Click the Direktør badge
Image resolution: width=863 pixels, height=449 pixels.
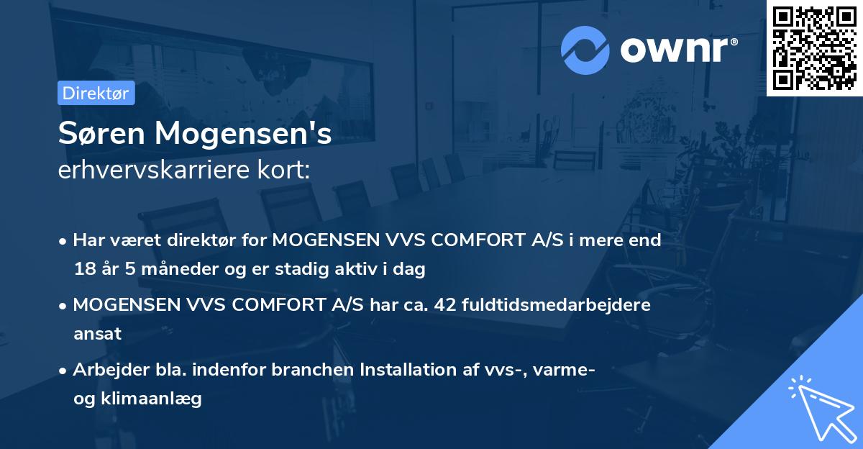[96, 93]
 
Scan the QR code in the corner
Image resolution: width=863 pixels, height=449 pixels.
[814, 47]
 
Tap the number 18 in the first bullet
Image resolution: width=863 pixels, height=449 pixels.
[83, 270]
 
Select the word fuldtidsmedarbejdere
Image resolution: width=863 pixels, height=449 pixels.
[557, 305]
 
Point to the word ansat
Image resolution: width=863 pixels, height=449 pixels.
[97, 334]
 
